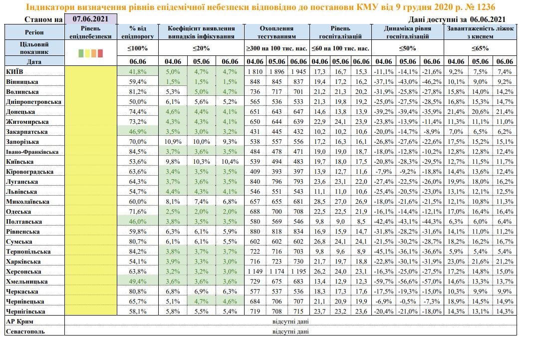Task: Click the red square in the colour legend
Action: [x=100, y=53]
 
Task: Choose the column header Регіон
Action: [x=34, y=32]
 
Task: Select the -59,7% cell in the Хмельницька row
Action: [x=383, y=282]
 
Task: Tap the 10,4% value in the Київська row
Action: [x=230, y=162]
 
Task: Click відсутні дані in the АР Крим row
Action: [x=290, y=322]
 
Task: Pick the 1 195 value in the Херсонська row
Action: [x=298, y=272]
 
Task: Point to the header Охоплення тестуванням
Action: [x=276, y=32]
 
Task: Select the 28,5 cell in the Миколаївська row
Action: [x=318, y=202]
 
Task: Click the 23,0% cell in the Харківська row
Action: [x=455, y=262]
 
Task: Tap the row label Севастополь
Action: [x=25, y=331]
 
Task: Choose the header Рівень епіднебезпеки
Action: [x=91, y=32]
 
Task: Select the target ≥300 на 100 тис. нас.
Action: [x=276, y=48]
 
